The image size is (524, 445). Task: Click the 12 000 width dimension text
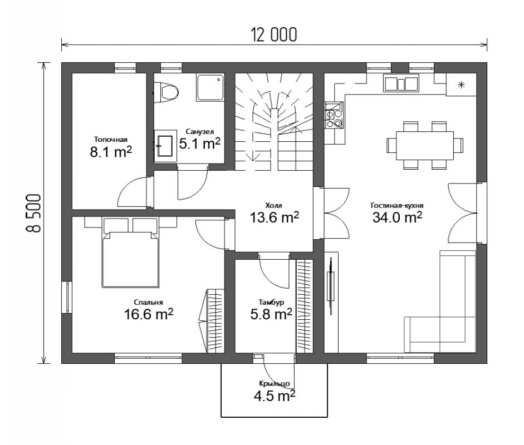pos(274,34)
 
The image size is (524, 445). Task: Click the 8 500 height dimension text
pos(33,213)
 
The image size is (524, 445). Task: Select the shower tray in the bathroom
pos(210,88)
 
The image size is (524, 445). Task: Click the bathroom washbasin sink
pos(165,146)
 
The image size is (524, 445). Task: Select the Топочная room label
pos(111,140)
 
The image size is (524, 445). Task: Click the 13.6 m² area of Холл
pos(275,217)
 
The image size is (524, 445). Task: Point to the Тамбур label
pos(271,302)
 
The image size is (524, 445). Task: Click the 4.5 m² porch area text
pos(275,396)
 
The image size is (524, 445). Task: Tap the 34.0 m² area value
pos(397,217)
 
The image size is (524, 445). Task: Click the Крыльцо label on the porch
pos(275,384)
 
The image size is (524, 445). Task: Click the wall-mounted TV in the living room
pos(331,286)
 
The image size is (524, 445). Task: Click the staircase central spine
pos(274,141)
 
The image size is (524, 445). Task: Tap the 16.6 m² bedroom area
pos(149,314)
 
